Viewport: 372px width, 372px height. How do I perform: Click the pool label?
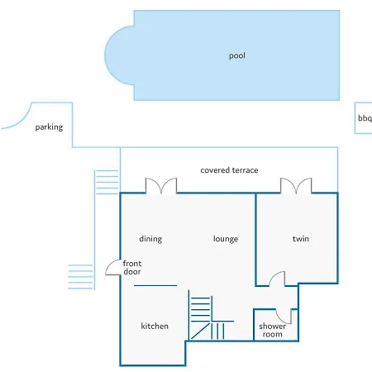tap(237, 56)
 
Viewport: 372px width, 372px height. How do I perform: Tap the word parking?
tap(49, 127)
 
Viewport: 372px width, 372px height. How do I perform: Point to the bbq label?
tap(365, 118)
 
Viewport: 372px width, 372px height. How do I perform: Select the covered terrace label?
tap(229, 170)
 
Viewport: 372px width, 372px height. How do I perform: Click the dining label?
tap(150, 239)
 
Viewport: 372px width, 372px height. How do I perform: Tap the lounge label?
tap(226, 239)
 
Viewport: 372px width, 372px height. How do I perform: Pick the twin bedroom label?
tap(301, 239)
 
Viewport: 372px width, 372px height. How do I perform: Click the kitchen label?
tap(155, 326)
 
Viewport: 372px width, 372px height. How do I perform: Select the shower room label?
tap(272, 330)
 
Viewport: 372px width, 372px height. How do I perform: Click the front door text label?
tap(132, 268)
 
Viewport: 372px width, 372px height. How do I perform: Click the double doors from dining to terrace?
tap(161, 186)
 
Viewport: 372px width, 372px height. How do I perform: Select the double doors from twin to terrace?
tap(296, 186)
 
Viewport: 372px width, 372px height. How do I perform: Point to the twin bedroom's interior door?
tap(277, 279)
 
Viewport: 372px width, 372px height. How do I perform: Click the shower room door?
tap(284, 316)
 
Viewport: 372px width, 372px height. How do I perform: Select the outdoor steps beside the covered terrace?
tap(107, 182)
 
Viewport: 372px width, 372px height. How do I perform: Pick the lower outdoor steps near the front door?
tap(80, 277)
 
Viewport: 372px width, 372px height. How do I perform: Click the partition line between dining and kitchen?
tap(155, 286)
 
